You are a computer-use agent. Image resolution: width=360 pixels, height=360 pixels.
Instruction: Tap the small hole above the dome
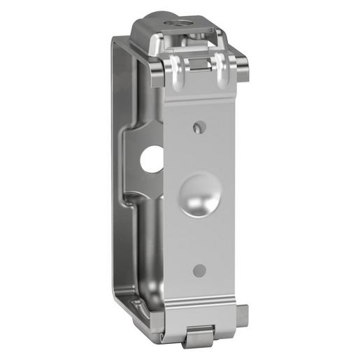pos(199,127)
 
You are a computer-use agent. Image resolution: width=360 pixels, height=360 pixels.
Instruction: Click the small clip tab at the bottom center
pos(197,338)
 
